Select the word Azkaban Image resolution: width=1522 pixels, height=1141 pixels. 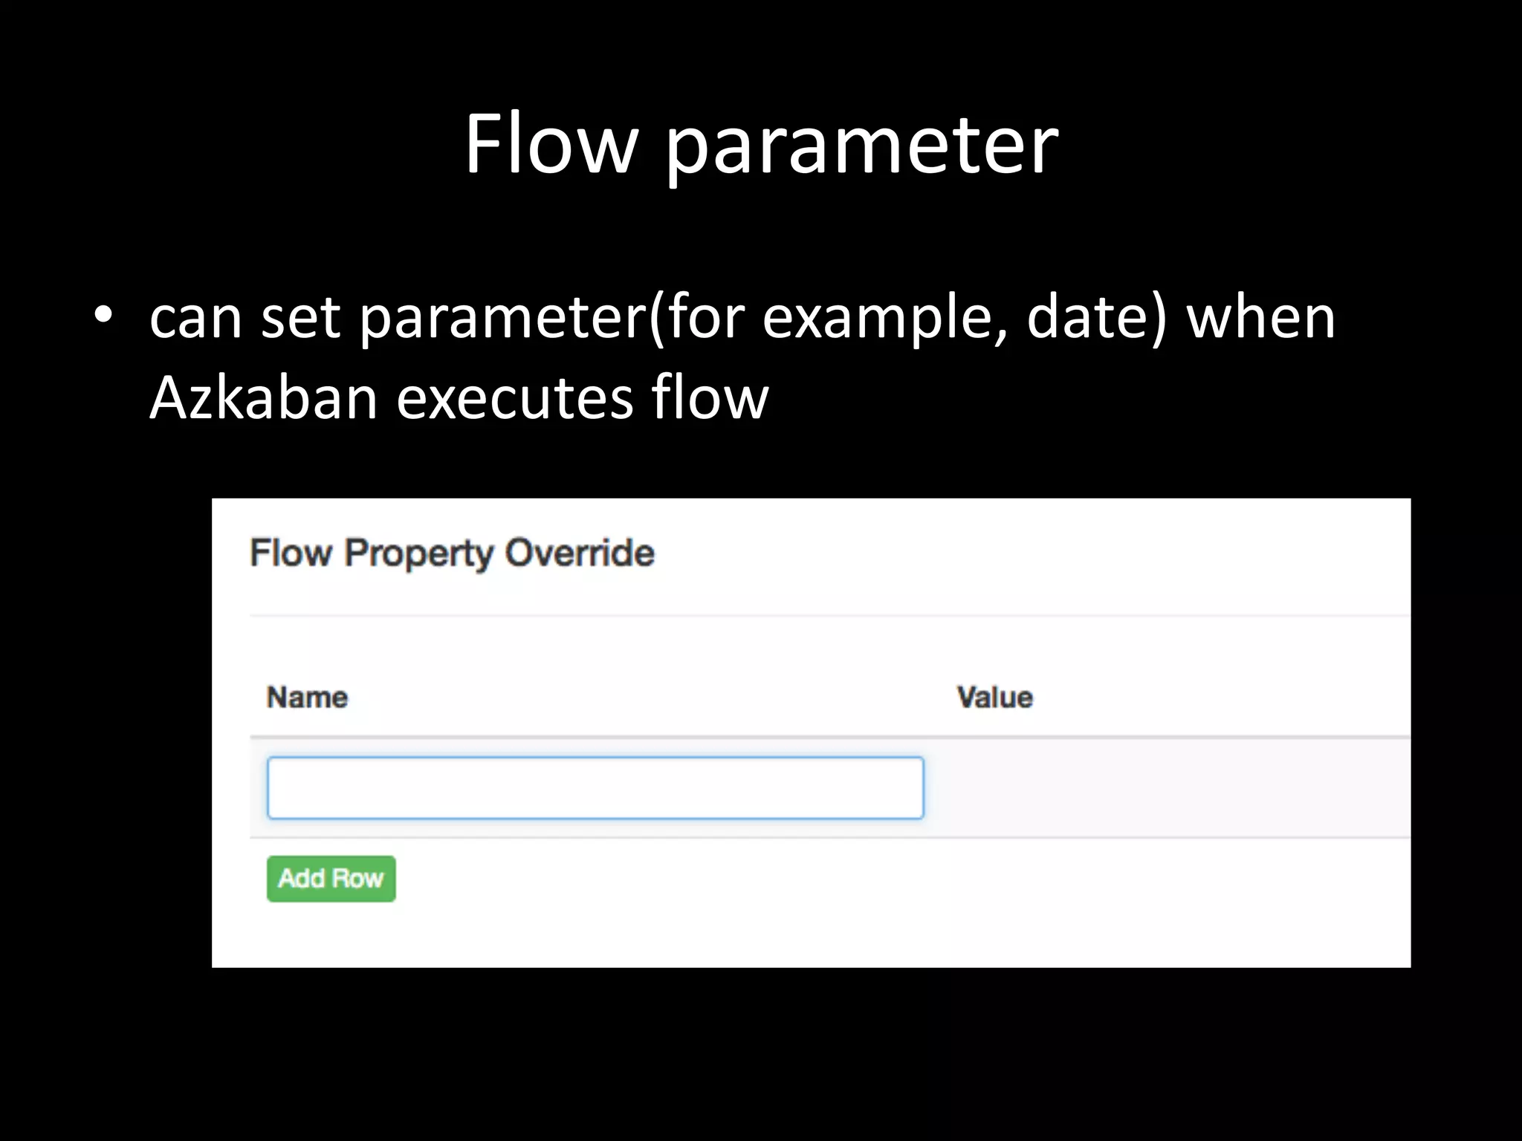tap(264, 397)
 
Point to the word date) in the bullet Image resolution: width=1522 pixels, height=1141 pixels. tap(1097, 318)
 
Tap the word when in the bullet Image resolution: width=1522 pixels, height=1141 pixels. tap(1260, 318)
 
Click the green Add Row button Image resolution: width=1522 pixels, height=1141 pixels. tap(331, 879)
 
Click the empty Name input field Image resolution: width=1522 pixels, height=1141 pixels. tap(595, 788)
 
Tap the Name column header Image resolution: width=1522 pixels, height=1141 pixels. tap(307, 698)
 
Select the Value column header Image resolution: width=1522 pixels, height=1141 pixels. tap(994, 698)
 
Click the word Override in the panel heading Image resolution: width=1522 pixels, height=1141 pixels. tap(579, 553)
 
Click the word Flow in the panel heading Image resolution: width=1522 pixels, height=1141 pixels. tap(291, 553)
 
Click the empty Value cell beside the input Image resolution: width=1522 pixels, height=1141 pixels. tap(1167, 788)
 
